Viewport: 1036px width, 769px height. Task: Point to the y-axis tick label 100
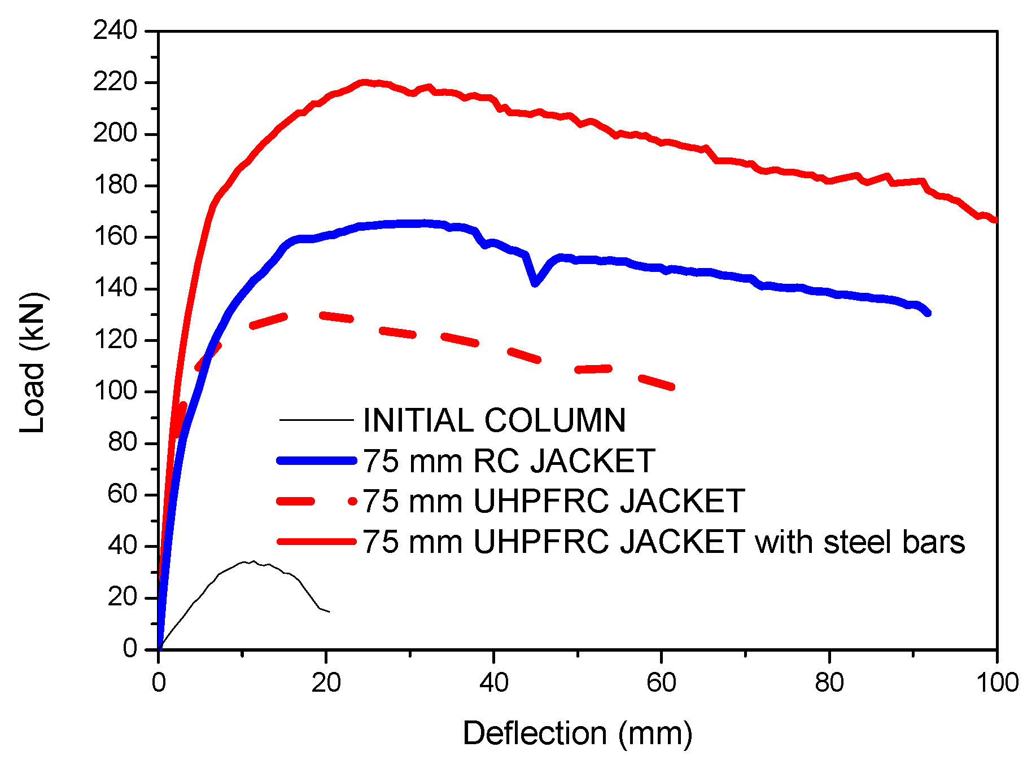click(x=115, y=391)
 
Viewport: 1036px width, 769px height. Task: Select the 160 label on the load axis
click(x=115, y=236)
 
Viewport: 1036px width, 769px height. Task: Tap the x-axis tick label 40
click(x=493, y=683)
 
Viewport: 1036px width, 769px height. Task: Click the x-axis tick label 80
click(x=829, y=683)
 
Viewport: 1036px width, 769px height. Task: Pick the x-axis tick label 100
click(x=996, y=683)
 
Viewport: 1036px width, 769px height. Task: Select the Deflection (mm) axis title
click(x=577, y=733)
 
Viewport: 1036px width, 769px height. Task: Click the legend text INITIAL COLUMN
click(x=494, y=420)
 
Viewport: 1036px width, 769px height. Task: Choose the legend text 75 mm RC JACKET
click(x=508, y=460)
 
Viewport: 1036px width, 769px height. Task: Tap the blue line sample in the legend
click(x=316, y=460)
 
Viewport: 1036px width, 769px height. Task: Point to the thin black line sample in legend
click(x=316, y=420)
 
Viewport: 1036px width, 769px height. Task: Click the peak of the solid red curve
click(x=364, y=82)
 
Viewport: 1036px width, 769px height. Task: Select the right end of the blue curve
click(x=928, y=313)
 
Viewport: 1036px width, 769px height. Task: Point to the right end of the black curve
click(x=329, y=612)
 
